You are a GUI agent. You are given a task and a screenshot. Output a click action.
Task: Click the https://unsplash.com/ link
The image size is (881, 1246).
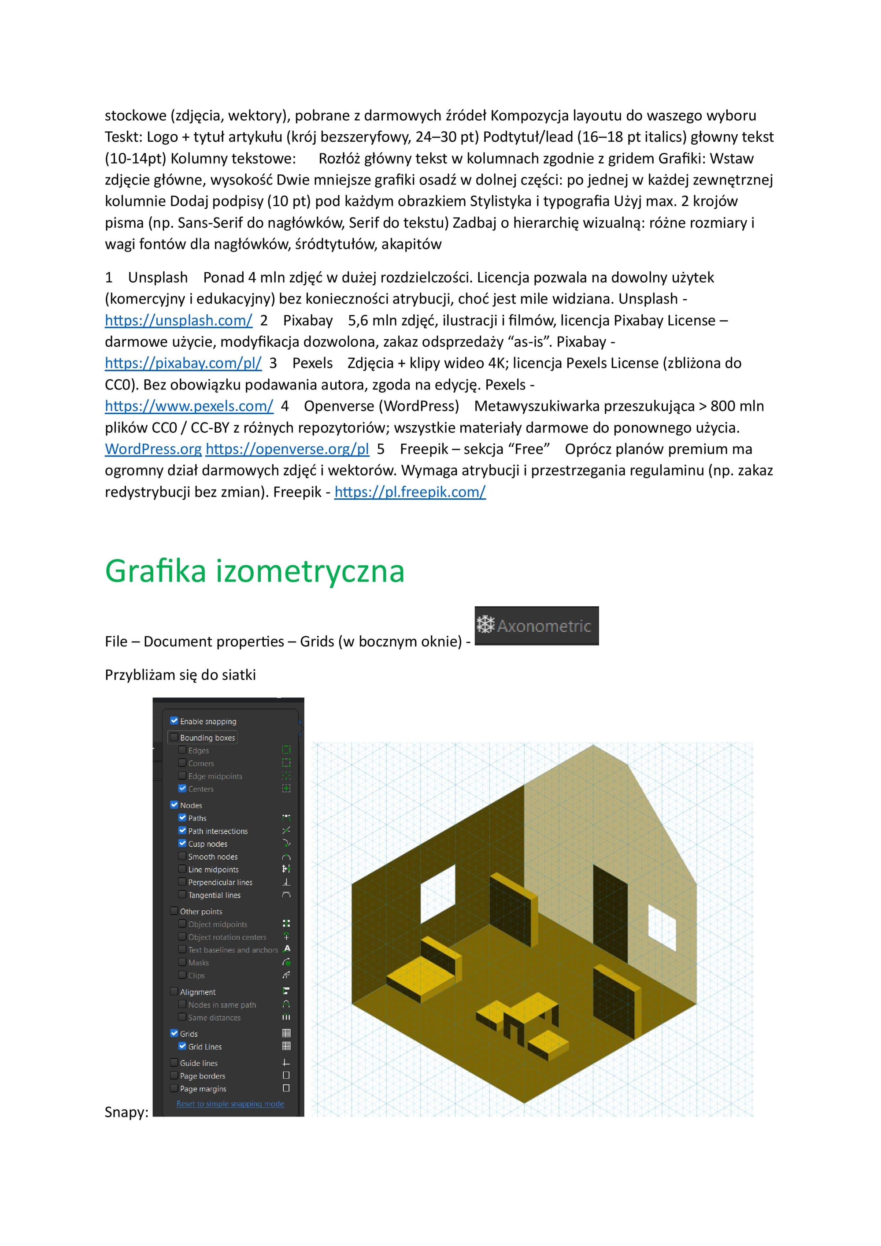(178, 321)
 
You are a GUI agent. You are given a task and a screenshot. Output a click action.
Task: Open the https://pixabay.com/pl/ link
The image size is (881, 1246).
(183, 363)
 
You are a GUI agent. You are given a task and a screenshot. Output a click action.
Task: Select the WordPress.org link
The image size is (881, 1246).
(153, 449)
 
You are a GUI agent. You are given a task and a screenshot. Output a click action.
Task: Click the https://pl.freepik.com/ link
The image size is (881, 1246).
(410, 492)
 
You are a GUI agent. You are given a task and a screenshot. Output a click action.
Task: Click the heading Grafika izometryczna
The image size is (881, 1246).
(255, 571)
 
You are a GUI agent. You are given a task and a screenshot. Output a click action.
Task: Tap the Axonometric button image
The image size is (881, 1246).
(537, 626)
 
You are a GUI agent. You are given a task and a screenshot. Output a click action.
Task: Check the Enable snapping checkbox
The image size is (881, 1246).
(174, 721)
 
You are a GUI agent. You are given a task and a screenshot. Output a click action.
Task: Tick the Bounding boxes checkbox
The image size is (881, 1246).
(174, 737)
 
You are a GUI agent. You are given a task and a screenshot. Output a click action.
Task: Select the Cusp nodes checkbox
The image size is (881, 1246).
(182, 843)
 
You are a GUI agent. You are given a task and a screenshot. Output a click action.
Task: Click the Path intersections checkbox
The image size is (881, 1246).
(182, 831)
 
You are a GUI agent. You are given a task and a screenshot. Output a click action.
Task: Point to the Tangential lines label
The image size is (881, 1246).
(214, 895)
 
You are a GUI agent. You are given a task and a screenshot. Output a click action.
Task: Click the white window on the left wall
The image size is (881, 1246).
(438, 896)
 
